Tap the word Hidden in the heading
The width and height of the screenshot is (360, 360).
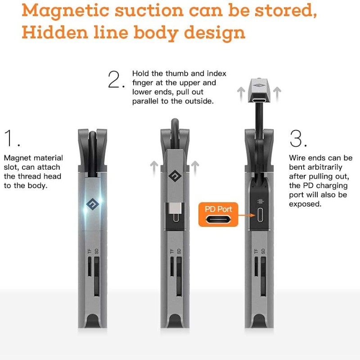tap(55, 32)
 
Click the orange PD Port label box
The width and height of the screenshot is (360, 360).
tap(218, 215)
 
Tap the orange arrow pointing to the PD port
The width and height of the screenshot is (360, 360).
tap(247, 216)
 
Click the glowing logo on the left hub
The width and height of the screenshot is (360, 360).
tap(93, 204)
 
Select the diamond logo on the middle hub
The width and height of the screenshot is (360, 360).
tap(175, 176)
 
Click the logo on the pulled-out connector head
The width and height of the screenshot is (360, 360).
tap(259, 85)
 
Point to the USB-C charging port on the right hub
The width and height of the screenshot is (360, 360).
tap(260, 215)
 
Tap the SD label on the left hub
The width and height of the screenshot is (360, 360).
tap(96, 251)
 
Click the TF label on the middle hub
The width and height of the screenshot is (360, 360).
tap(172, 252)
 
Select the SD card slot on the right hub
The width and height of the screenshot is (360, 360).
tap(263, 276)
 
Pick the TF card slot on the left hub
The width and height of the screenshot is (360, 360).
tap(90, 266)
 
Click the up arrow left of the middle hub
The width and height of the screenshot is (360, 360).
tap(154, 169)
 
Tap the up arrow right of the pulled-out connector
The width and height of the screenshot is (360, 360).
tap(277, 94)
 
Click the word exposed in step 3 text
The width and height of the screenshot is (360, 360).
tap(305, 204)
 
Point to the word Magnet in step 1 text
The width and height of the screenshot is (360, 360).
tap(18, 158)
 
